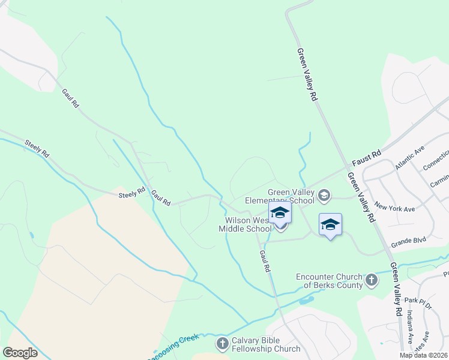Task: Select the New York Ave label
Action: click(x=394, y=208)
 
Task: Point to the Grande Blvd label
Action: click(x=408, y=242)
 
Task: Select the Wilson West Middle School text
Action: click(x=244, y=224)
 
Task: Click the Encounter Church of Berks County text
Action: click(x=329, y=281)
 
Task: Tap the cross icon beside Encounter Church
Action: click(x=372, y=279)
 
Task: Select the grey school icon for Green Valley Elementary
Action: click(x=324, y=195)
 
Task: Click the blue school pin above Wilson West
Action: click(x=280, y=214)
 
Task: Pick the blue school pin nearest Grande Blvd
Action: click(x=330, y=225)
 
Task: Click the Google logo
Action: click(x=20, y=352)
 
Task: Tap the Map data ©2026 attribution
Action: click(x=423, y=355)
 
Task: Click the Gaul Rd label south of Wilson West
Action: click(x=265, y=262)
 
